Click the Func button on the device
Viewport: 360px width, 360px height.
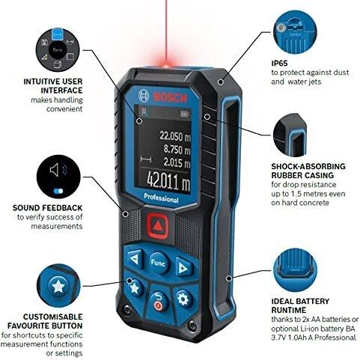coord(159,263)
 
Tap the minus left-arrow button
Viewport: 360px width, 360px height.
coord(135,259)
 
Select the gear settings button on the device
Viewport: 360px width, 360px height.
coord(183,298)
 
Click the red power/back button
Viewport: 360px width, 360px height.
coord(159,301)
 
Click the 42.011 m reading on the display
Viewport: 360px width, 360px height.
coord(168,180)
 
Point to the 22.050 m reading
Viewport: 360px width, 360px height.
coord(175,136)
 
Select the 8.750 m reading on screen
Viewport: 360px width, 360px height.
coord(177,150)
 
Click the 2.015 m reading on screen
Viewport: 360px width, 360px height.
coord(177,162)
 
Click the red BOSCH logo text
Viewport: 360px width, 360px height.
coord(170,97)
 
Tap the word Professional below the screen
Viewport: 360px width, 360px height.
coord(161,198)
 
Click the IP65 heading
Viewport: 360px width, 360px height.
coord(279,64)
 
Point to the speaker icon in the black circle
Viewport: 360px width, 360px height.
coord(58,170)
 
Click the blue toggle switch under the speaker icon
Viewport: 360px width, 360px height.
coord(58,191)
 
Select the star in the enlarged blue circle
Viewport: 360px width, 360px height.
coord(58,286)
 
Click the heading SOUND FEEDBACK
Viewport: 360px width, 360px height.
coord(47,208)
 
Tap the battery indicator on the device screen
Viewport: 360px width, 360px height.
coord(185,114)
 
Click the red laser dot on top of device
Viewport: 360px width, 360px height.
coord(166,65)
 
